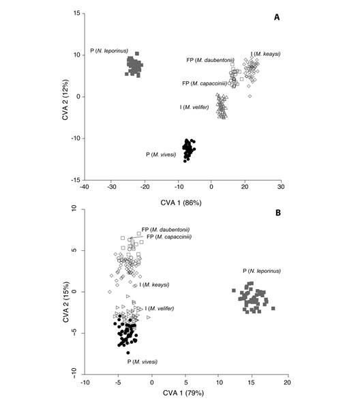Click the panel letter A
[277, 18]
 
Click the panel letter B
[277, 212]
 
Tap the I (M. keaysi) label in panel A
[265, 54]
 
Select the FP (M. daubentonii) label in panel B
[165, 229]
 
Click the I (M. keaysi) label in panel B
[154, 284]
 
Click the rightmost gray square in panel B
[273, 308]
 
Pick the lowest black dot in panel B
[127, 353]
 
